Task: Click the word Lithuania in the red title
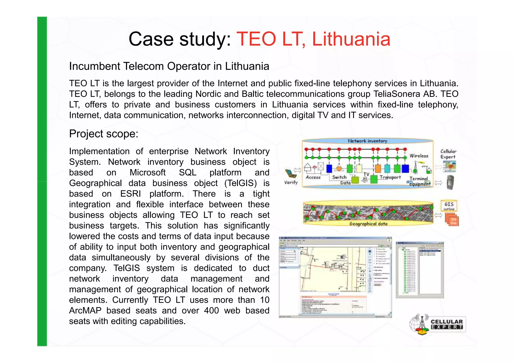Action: pyautogui.click(x=351, y=39)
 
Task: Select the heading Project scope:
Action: pyautogui.click(x=104, y=134)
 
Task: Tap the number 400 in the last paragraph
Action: pyautogui.click(x=211, y=311)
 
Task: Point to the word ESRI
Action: pyautogui.click(x=131, y=194)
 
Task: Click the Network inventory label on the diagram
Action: pyautogui.click(x=367, y=141)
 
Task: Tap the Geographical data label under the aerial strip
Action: pyautogui.click(x=368, y=224)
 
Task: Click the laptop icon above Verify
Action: pyautogui.click(x=290, y=173)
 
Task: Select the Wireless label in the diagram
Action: pyautogui.click(x=419, y=156)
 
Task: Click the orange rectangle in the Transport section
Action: pyautogui.click(x=378, y=169)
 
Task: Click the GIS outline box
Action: pyautogui.click(x=449, y=206)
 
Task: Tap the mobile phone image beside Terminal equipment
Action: pyautogui.click(x=450, y=182)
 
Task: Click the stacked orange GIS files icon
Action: pyautogui.click(x=452, y=220)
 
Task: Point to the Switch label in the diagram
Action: pyautogui.click(x=339, y=177)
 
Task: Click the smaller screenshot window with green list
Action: pyautogui.click(x=420, y=270)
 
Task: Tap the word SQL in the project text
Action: pyautogui.click(x=187, y=173)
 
